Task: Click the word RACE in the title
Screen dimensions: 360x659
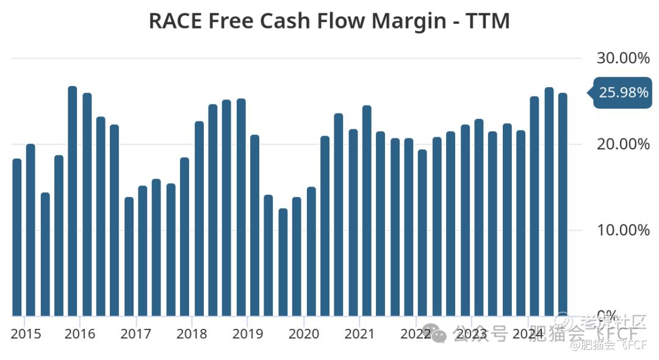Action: (175, 21)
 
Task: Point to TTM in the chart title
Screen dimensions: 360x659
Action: (488, 21)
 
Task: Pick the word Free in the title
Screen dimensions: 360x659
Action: (232, 21)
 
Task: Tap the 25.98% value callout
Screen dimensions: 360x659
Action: (622, 93)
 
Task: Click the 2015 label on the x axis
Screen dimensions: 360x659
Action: (26, 334)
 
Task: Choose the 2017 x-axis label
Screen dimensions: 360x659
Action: (135, 334)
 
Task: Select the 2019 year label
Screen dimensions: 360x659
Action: (248, 334)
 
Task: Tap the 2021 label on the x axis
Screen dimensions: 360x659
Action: (359, 334)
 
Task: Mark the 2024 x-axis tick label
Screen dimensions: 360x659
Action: (528, 334)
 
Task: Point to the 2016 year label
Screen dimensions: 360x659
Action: (80, 334)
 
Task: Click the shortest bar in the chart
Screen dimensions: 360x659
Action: (283, 262)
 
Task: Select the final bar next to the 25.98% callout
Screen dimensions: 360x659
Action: (563, 204)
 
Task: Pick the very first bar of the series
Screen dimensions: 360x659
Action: (17, 237)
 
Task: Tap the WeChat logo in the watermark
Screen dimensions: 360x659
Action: (433, 333)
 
